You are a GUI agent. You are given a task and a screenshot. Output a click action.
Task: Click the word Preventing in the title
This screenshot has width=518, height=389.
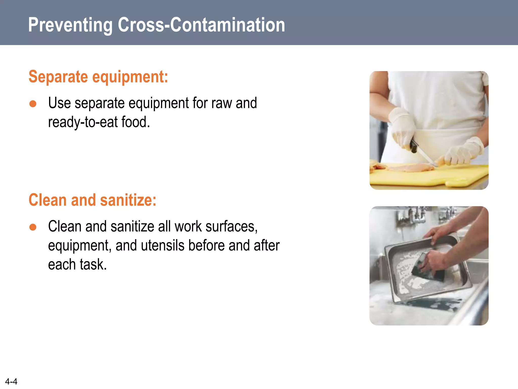click(70, 25)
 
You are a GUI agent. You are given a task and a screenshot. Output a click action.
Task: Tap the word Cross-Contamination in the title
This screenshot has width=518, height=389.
click(201, 25)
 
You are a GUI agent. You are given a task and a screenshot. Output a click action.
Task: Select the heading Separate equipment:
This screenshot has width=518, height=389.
click(98, 77)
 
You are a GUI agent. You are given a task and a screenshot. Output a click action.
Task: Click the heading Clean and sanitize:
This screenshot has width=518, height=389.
click(92, 200)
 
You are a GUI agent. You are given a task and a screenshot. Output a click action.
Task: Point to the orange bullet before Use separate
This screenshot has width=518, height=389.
click(33, 104)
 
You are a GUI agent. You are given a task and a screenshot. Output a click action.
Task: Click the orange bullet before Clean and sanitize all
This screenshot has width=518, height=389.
click(33, 227)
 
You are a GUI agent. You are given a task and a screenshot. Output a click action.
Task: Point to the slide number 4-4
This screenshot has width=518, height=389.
click(11, 381)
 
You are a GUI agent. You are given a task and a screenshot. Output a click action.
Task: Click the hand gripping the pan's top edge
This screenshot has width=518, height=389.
click(440, 233)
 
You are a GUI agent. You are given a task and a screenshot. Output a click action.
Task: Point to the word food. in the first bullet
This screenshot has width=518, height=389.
click(136, 122)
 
